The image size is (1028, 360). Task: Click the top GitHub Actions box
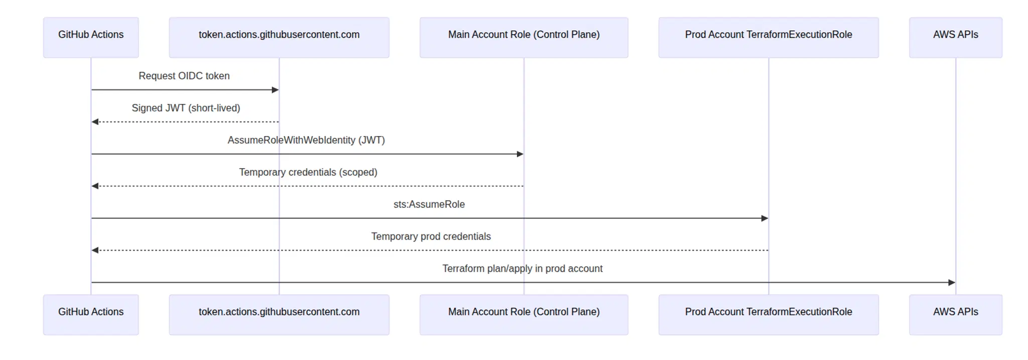pos(91,37)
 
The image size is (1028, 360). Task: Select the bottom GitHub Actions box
pos(91,314)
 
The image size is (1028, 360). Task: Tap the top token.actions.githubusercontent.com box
pos(279,37)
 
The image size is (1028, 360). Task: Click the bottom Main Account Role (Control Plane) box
pos(524,314)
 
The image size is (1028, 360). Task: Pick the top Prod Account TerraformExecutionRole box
pos(768,37)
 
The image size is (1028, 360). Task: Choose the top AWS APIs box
pos(955,37)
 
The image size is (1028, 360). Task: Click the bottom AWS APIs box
pos(955,314)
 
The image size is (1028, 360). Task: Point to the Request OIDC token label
pos(184,76)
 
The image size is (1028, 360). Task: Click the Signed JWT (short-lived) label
pos(186,108)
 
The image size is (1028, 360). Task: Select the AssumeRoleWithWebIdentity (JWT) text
pos(306,140)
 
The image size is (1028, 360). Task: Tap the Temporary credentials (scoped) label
pos(308,172)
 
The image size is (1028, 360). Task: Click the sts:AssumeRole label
pos(429,204)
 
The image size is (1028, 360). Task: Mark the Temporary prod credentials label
pos(431,236)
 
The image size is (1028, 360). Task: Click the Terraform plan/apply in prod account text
pos(522,269)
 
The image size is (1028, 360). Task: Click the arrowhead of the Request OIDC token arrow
pos(275,90)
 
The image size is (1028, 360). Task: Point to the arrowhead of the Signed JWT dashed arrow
pos(95,122)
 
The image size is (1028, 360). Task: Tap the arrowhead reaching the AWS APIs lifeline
pos(951,283)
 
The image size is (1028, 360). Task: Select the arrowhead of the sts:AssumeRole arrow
pos(764,218)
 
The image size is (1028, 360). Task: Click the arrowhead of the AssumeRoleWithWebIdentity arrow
pos(520,154)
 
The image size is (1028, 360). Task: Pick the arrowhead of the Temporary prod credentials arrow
pos(95,251)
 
